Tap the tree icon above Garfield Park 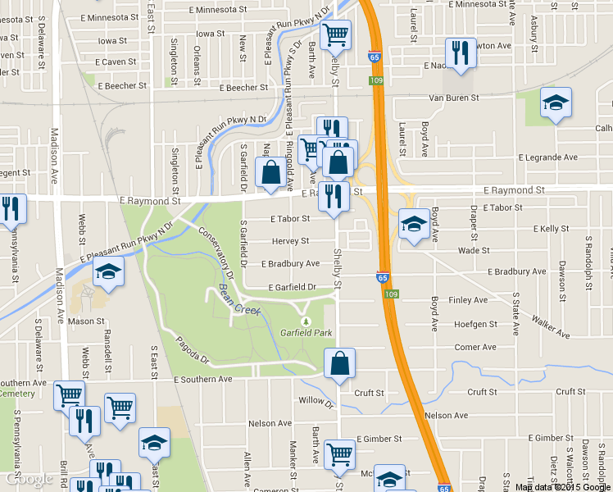tap(307, 321)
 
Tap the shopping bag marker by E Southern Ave tap(339, 363)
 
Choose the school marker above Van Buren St tap(556, 102)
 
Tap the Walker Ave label tap(551, 326)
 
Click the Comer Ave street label tap(475, 347)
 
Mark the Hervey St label tap(291, 241)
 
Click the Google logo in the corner tap(28, 479)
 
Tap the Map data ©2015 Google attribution tap(562, 486)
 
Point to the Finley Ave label tap(468, 300)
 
